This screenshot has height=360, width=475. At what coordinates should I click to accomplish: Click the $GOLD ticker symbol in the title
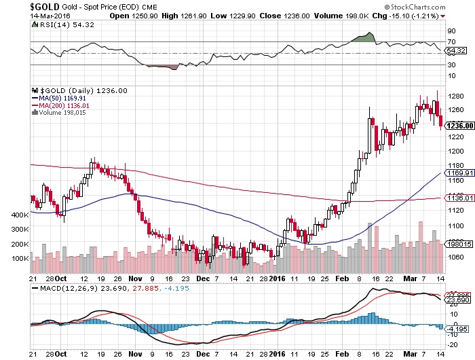pyautogui.click(x=17, y=5)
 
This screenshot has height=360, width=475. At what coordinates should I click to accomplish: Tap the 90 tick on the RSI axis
pyautogui.click(x=450, y=31)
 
